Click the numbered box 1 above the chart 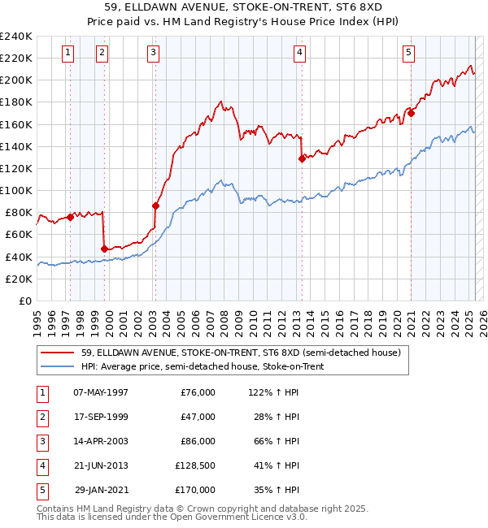click(x=67, y=53)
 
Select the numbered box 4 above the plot click(x=299, y=53)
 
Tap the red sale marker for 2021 click(x=412, y=113)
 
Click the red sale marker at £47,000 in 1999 click(x=105, y=249)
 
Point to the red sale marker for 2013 click(x=302, y=158)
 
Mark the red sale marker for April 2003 click(x=155, y=206)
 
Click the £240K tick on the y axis click(x=16, y=37)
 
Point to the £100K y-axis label click(x=16, y=190)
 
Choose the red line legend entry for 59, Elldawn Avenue click(x=241, y=353)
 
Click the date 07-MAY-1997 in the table click(x=101, y=392)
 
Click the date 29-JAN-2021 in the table click(x=101, y=490)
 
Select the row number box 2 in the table click(x=41, y=417)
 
